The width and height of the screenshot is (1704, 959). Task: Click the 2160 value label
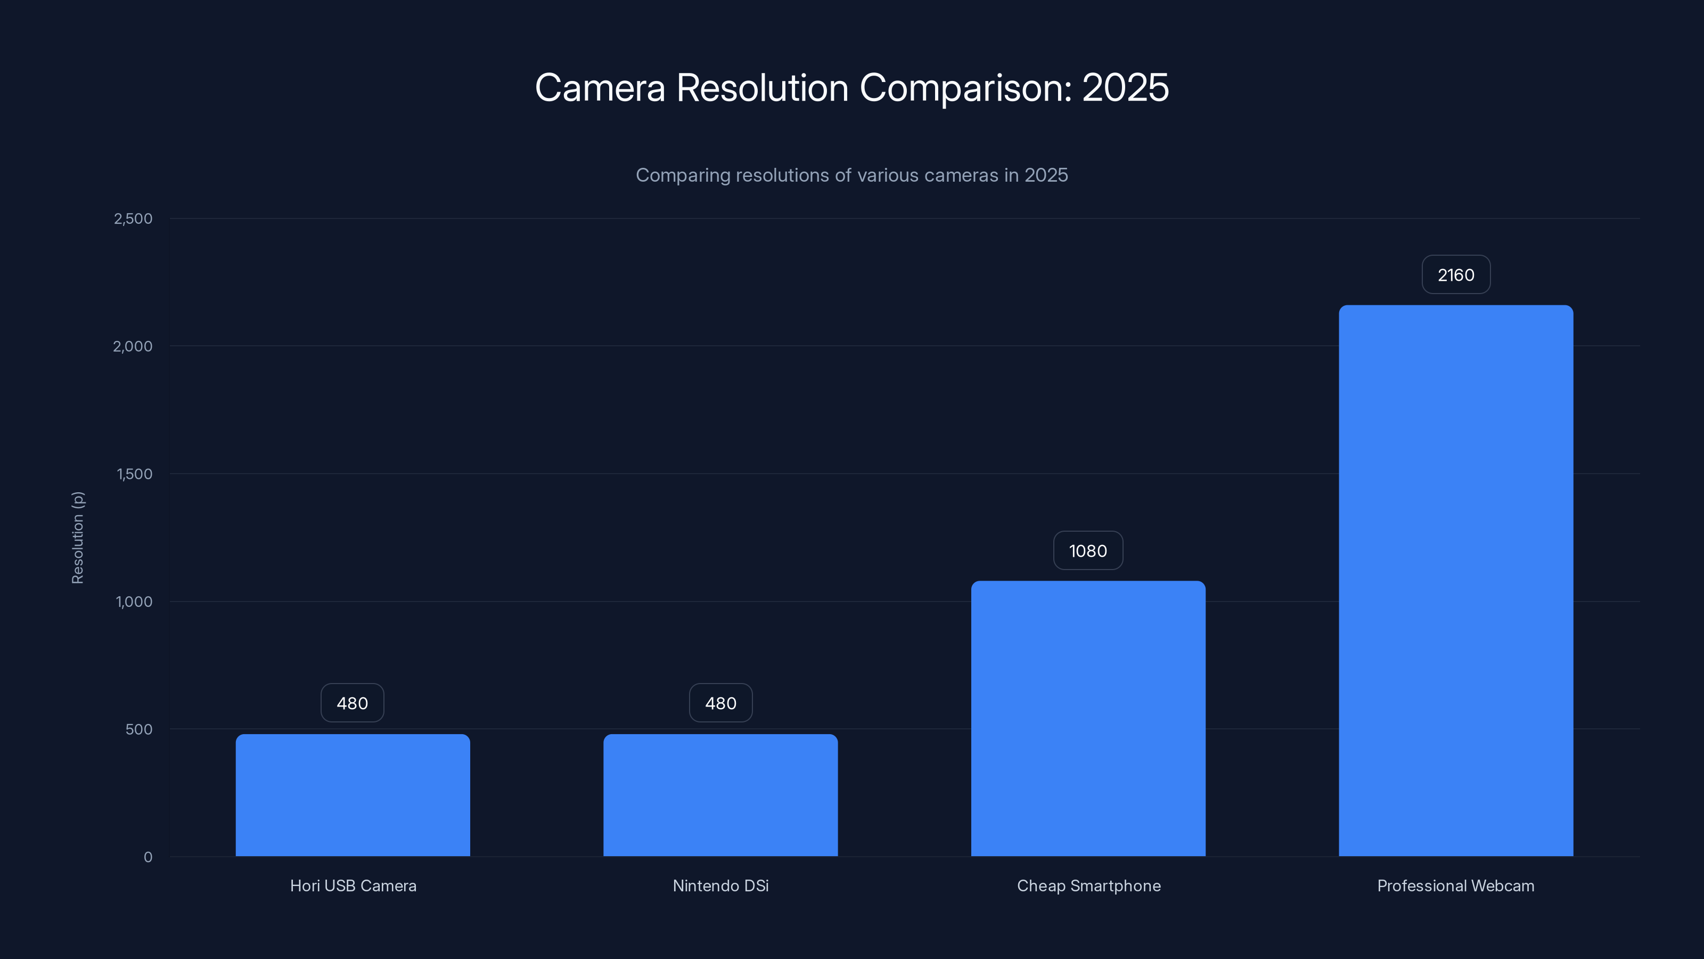point(1456,275)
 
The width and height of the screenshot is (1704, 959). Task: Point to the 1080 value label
point(1088,551)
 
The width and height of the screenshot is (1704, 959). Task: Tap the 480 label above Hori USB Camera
point(353,703)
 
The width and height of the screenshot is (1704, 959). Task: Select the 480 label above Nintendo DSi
point(720,703)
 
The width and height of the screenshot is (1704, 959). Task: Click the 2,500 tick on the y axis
point(133,218)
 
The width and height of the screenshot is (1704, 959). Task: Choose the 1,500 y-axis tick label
point(134,474)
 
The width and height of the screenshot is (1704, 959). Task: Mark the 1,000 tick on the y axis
point(134,602)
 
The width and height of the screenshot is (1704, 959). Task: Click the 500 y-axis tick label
point(139,729)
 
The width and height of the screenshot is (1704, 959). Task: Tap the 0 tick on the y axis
point(148,857)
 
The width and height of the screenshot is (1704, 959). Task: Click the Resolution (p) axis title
point(77,538)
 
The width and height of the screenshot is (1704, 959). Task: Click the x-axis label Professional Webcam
point(1456,885)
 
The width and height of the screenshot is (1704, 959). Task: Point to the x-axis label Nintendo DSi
point(720,885)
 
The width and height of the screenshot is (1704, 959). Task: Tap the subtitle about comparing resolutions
point(852,175)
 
